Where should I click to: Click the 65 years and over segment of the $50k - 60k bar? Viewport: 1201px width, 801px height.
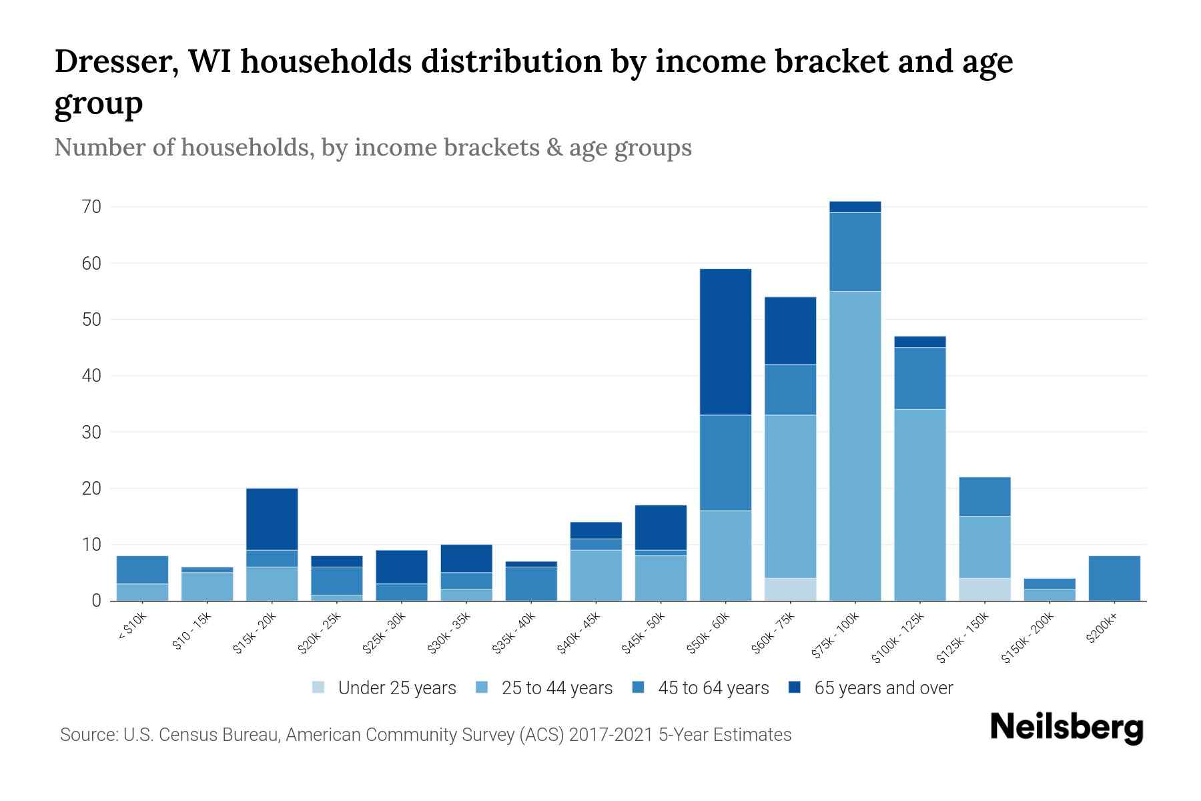coord(725,342)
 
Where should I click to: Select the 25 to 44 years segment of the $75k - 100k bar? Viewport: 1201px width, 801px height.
coord(855,446)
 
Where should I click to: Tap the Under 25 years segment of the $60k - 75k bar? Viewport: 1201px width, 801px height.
coord(790,589)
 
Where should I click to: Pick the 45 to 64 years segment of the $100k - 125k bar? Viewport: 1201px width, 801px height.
coord(919,378)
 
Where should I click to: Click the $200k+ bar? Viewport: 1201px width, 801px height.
coord(1114,578)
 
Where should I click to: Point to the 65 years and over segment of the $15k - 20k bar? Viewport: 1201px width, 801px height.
coord(272,519)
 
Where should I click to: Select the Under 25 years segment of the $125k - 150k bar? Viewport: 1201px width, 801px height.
coord(984,589)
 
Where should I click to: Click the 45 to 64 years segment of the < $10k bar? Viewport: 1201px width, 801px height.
coord(142,569)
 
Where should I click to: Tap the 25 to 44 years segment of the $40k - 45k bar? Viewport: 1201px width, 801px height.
coord(596,575)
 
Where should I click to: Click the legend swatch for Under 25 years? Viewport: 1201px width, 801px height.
coord(319,688)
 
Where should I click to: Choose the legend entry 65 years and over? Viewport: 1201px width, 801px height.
coord(883,688)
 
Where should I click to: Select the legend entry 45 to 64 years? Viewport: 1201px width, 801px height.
coord(713,688)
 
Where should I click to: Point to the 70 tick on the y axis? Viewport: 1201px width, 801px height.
coord(92,207)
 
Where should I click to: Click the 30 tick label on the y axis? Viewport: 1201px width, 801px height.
coord(92,432)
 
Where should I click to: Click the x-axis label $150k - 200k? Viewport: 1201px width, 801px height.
coord(1028,638)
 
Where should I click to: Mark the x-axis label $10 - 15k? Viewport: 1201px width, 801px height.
coord(191,631)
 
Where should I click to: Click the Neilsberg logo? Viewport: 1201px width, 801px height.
coord(1066,728)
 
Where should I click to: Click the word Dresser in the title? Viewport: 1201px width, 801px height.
coord(115,61)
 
